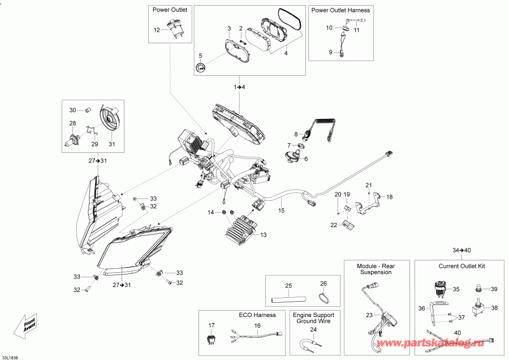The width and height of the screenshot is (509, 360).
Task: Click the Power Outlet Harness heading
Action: pos(340,10)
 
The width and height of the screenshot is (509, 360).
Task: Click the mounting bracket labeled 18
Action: pos(366,205)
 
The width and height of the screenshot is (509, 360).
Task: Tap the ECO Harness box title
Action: pos(257,315)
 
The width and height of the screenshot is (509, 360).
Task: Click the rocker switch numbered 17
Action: pos(212,339)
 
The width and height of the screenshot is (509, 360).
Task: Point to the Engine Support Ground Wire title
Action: pos(313,319)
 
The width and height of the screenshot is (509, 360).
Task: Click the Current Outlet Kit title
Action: pos(462,266)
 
